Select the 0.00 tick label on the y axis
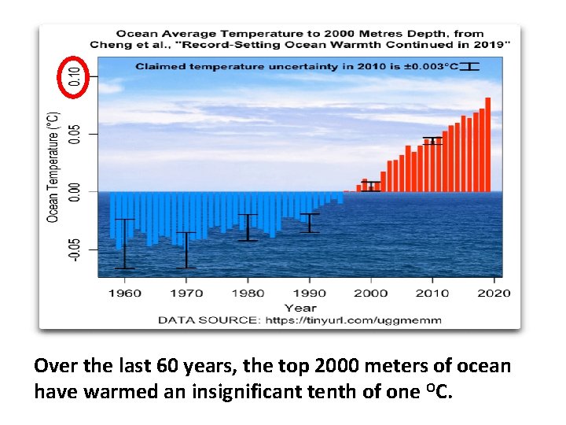point(74,191)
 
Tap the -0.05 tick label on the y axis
point(74,249)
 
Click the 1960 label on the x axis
point(124,294)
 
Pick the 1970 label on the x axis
point(186,294)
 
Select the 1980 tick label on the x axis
point(248,294)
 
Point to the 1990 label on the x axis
point(309,294)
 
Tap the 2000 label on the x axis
point(370,294)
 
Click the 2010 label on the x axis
point(432,294)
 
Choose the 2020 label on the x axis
point(493,294)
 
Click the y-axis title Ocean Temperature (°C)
point(53,166)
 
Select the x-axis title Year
point(300,308)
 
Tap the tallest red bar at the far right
point(487,145)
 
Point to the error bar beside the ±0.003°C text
point(470,66)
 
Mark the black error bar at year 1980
point(248,227)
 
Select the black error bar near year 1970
point(186,250)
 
